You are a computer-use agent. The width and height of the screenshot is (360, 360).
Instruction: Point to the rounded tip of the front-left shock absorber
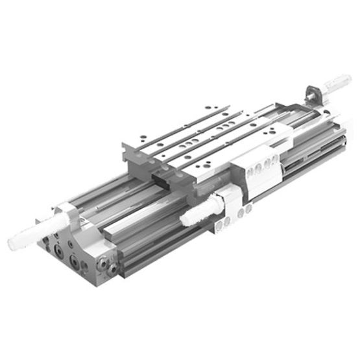(13, 243)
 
